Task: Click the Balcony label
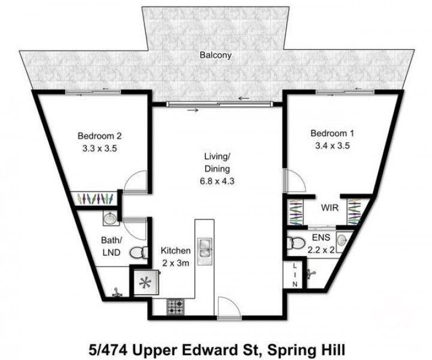tap(215, 55)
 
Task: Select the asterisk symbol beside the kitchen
tap(145, 284)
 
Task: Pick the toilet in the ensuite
tap(296, 244)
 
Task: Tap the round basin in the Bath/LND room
tap(110, 218)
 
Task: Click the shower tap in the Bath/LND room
tap(115, 293)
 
